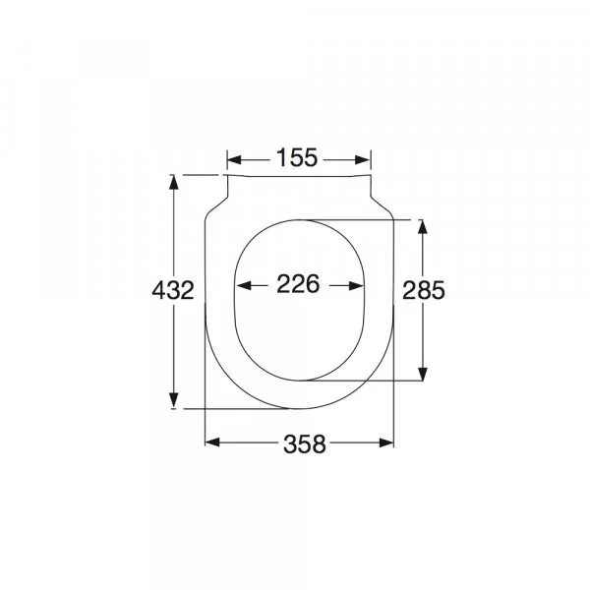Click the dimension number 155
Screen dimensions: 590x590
(297, 157)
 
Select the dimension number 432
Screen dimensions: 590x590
(173, 290)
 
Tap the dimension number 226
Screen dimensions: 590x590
(298, 284)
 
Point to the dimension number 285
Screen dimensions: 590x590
(423, 290)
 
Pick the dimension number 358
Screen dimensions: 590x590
(304, 444)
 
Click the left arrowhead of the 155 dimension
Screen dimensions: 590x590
(234, 160)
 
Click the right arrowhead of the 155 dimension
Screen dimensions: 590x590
(363, 160)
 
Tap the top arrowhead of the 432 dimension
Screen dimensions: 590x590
(173, 182)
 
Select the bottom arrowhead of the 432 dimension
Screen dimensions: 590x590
(173, 400)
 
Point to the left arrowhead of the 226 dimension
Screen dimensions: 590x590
(244, 286)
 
